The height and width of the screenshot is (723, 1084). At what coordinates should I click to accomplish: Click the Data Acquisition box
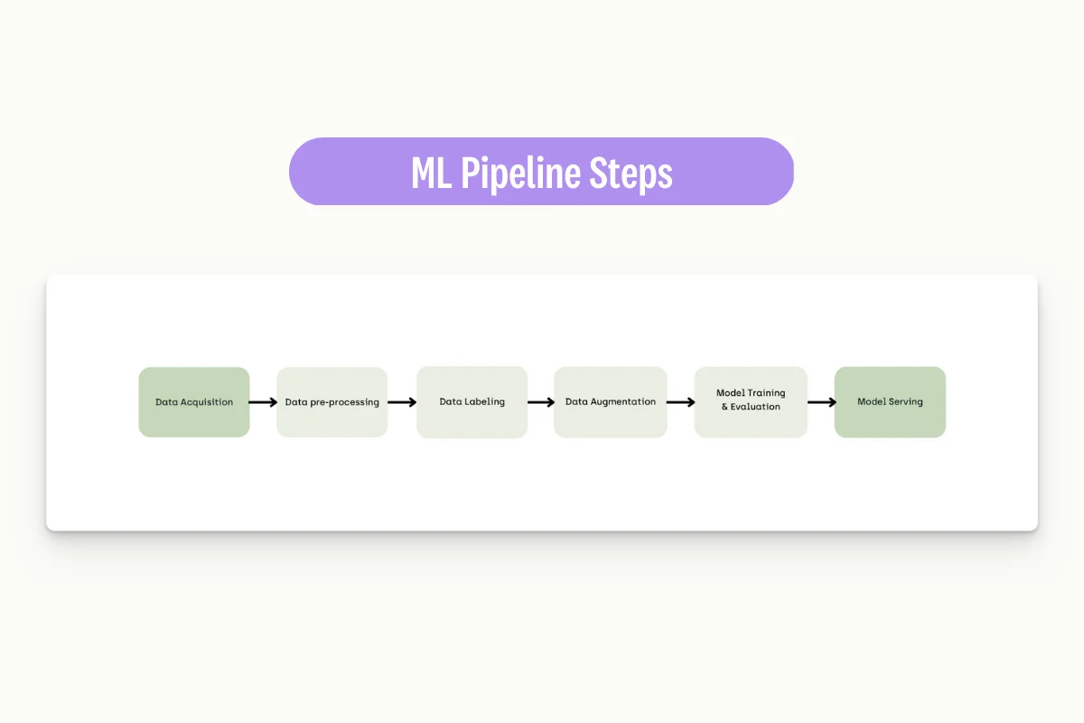pos(193,402)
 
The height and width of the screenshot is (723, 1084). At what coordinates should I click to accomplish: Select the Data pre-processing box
pos(332,402)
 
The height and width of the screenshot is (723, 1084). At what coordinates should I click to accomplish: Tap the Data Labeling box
pos(472,402)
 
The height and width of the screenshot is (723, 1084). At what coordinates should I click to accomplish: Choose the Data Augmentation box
pos(610,402)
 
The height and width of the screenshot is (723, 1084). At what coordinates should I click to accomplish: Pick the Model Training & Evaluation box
pos(750,402)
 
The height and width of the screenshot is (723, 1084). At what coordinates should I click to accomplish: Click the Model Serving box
pos(890,402)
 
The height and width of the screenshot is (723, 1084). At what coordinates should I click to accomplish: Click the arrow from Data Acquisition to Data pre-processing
pos(263,402)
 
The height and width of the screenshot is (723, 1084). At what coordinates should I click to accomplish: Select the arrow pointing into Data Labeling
pos(402,402)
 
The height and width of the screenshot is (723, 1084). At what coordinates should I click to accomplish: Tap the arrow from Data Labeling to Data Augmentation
pos(540,402)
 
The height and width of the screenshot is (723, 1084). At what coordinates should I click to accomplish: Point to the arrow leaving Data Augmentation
pos(680,402)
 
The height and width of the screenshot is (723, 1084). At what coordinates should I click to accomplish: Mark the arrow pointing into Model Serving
pos(820,402)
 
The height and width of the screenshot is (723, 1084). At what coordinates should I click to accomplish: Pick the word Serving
pos(905,401)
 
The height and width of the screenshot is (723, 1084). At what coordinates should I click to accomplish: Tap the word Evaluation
pos(755,408)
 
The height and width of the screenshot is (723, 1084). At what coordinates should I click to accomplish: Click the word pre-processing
pos(345,402)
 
